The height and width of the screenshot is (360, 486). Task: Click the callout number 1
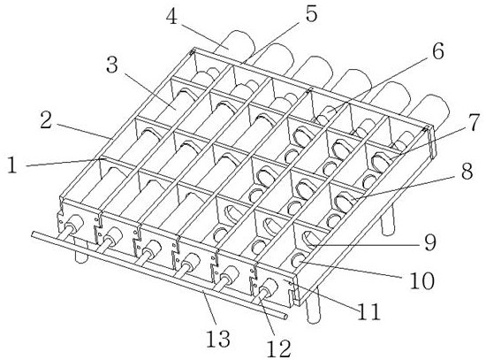click(12, 165)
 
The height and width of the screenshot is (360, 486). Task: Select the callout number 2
click(46, 121)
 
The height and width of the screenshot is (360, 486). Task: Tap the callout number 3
click(112, 65)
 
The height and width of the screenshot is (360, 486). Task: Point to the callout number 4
click(171, 16)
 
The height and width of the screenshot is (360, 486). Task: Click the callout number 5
click(311, 13)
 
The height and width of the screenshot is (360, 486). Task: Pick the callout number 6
click(438, 50)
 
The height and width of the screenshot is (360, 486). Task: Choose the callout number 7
click(474, 122)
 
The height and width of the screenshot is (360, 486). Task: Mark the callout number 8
click(467, 171)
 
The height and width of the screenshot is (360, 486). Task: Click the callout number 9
click(429, 242)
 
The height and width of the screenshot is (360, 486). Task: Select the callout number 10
click(421, 280)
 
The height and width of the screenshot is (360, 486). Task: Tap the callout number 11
click(368, 311)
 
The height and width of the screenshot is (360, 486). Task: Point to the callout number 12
click(279, 348)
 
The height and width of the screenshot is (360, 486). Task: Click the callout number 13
click(218, 338)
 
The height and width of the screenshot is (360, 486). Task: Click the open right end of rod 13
click(285, 317)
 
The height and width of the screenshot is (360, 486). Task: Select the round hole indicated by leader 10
click(298, 260)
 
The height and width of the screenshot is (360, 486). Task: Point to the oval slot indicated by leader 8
click(343, 202)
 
